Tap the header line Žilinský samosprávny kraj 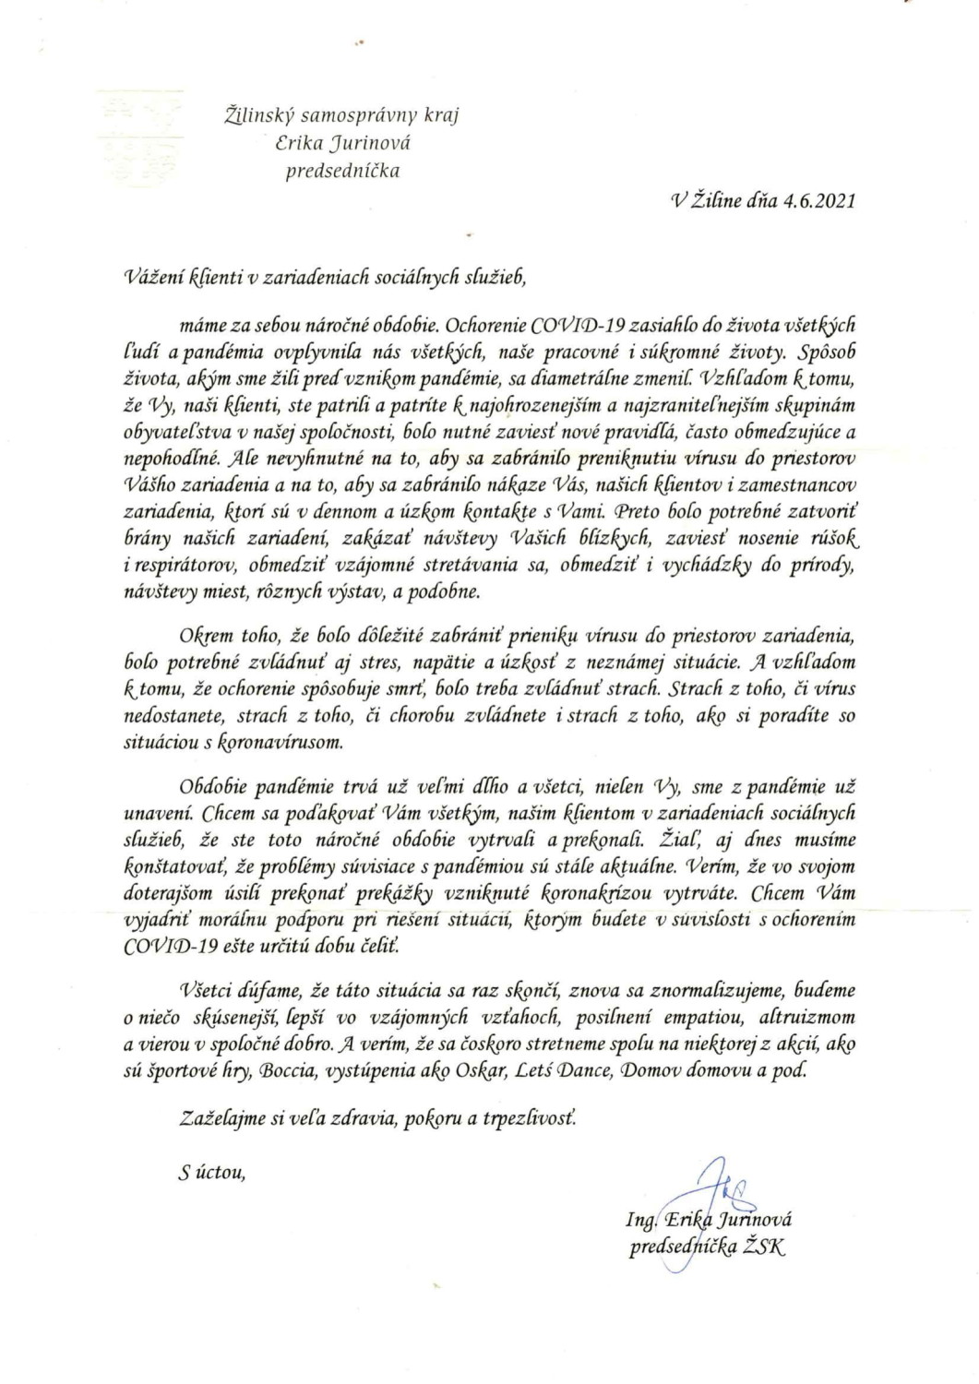click(342, 115)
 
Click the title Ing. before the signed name click(639, 1221)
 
